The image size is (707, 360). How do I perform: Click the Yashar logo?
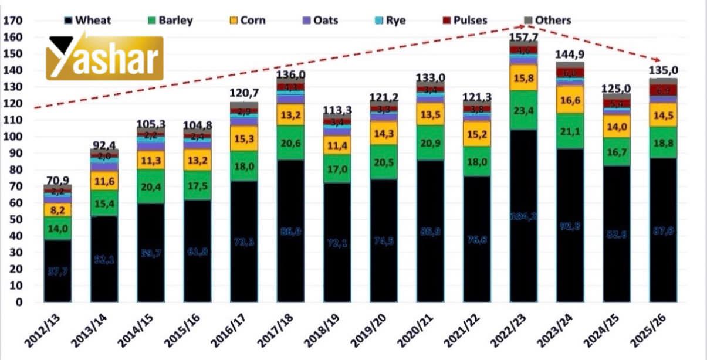coord(104,57)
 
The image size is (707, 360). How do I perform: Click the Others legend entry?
coord(546,21)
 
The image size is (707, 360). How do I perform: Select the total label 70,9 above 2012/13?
coord(57,180)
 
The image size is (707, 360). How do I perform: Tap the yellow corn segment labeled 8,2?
coord(57,210)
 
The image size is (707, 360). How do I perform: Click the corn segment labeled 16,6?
coord(570,102)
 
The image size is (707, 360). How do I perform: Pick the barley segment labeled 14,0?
coord(57,229)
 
